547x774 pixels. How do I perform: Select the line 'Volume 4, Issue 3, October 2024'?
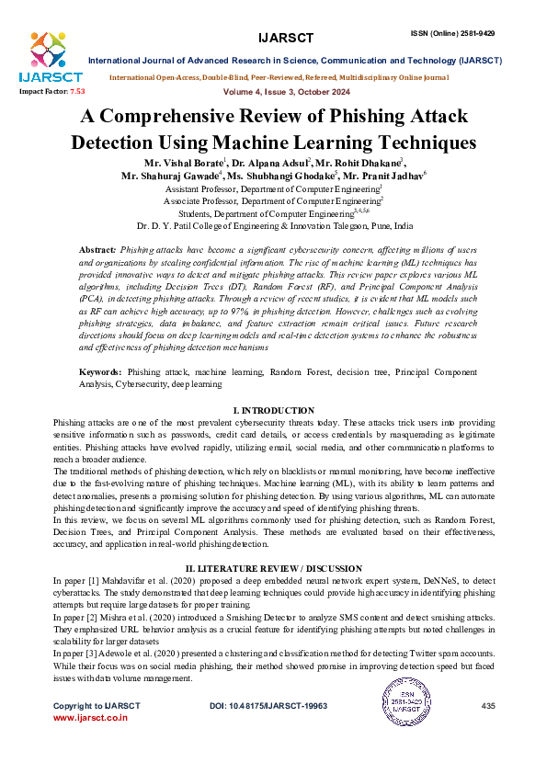[x=273, y=92]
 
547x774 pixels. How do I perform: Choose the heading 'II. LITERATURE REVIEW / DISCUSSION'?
[x=274, y=570]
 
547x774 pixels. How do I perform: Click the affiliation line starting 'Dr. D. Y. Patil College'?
[x=274, y=225]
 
